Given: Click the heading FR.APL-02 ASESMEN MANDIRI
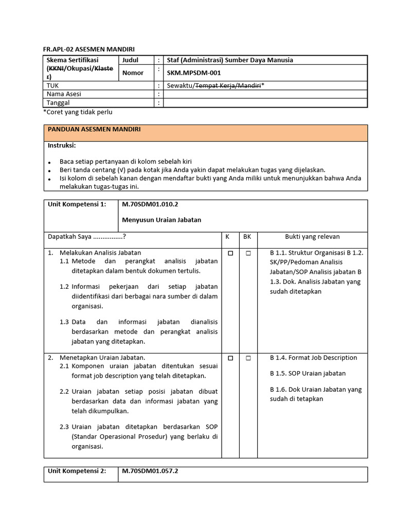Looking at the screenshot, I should pos(88,49).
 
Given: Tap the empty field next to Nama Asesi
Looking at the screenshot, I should pos(265,94).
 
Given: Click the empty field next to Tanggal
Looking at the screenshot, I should pos(265,103).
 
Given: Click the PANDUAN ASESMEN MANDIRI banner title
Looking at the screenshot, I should pos(94,130).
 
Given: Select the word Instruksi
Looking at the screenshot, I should pos(62,146).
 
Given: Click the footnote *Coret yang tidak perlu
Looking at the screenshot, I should pos(78,112).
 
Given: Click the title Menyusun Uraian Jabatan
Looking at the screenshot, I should pos(161,220).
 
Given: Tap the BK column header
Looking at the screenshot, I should pos(247,237).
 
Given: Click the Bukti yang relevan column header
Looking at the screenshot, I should pos(312,237).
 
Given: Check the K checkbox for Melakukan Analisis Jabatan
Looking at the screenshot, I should pos(230,253).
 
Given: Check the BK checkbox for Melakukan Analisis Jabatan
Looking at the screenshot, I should pos(248,253).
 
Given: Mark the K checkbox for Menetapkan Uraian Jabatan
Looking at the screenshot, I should pos(230,358).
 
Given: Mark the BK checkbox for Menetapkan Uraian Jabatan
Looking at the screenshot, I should pos(248,358).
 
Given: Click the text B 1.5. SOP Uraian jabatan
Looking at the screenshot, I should pos(308,373).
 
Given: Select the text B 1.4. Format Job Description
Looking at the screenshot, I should pos(313,358).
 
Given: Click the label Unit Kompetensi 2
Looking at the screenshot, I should pos(77,471).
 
